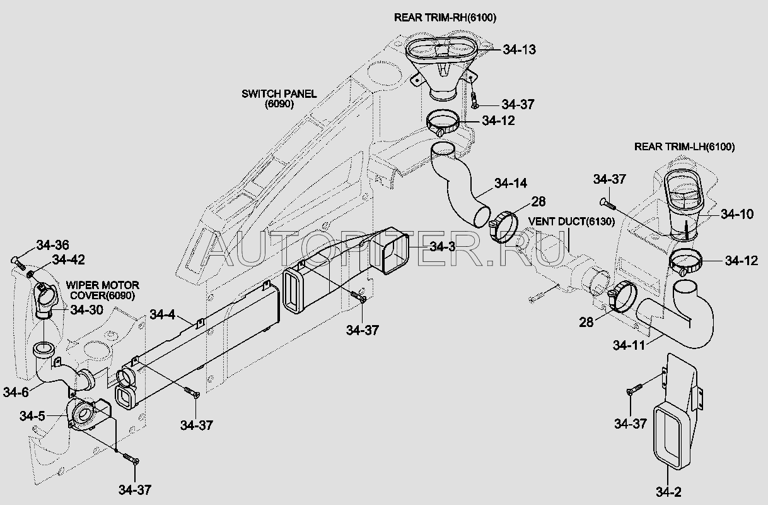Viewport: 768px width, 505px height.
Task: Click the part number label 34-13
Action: point(519,49)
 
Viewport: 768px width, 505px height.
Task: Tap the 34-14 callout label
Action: point(510,183)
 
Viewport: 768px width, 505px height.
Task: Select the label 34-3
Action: point(442,246)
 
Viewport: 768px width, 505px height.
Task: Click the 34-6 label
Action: point(16,392)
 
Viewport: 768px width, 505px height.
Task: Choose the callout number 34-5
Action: point(32,416)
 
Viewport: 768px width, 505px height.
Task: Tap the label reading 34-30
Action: point(86,309)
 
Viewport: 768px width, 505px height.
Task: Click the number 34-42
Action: point(68,259)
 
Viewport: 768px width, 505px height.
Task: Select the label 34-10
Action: point(737,214)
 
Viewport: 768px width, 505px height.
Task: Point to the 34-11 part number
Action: point(629,345)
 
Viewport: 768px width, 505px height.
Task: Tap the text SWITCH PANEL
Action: point(279,94)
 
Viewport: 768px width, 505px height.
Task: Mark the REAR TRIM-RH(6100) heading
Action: point(445,18)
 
